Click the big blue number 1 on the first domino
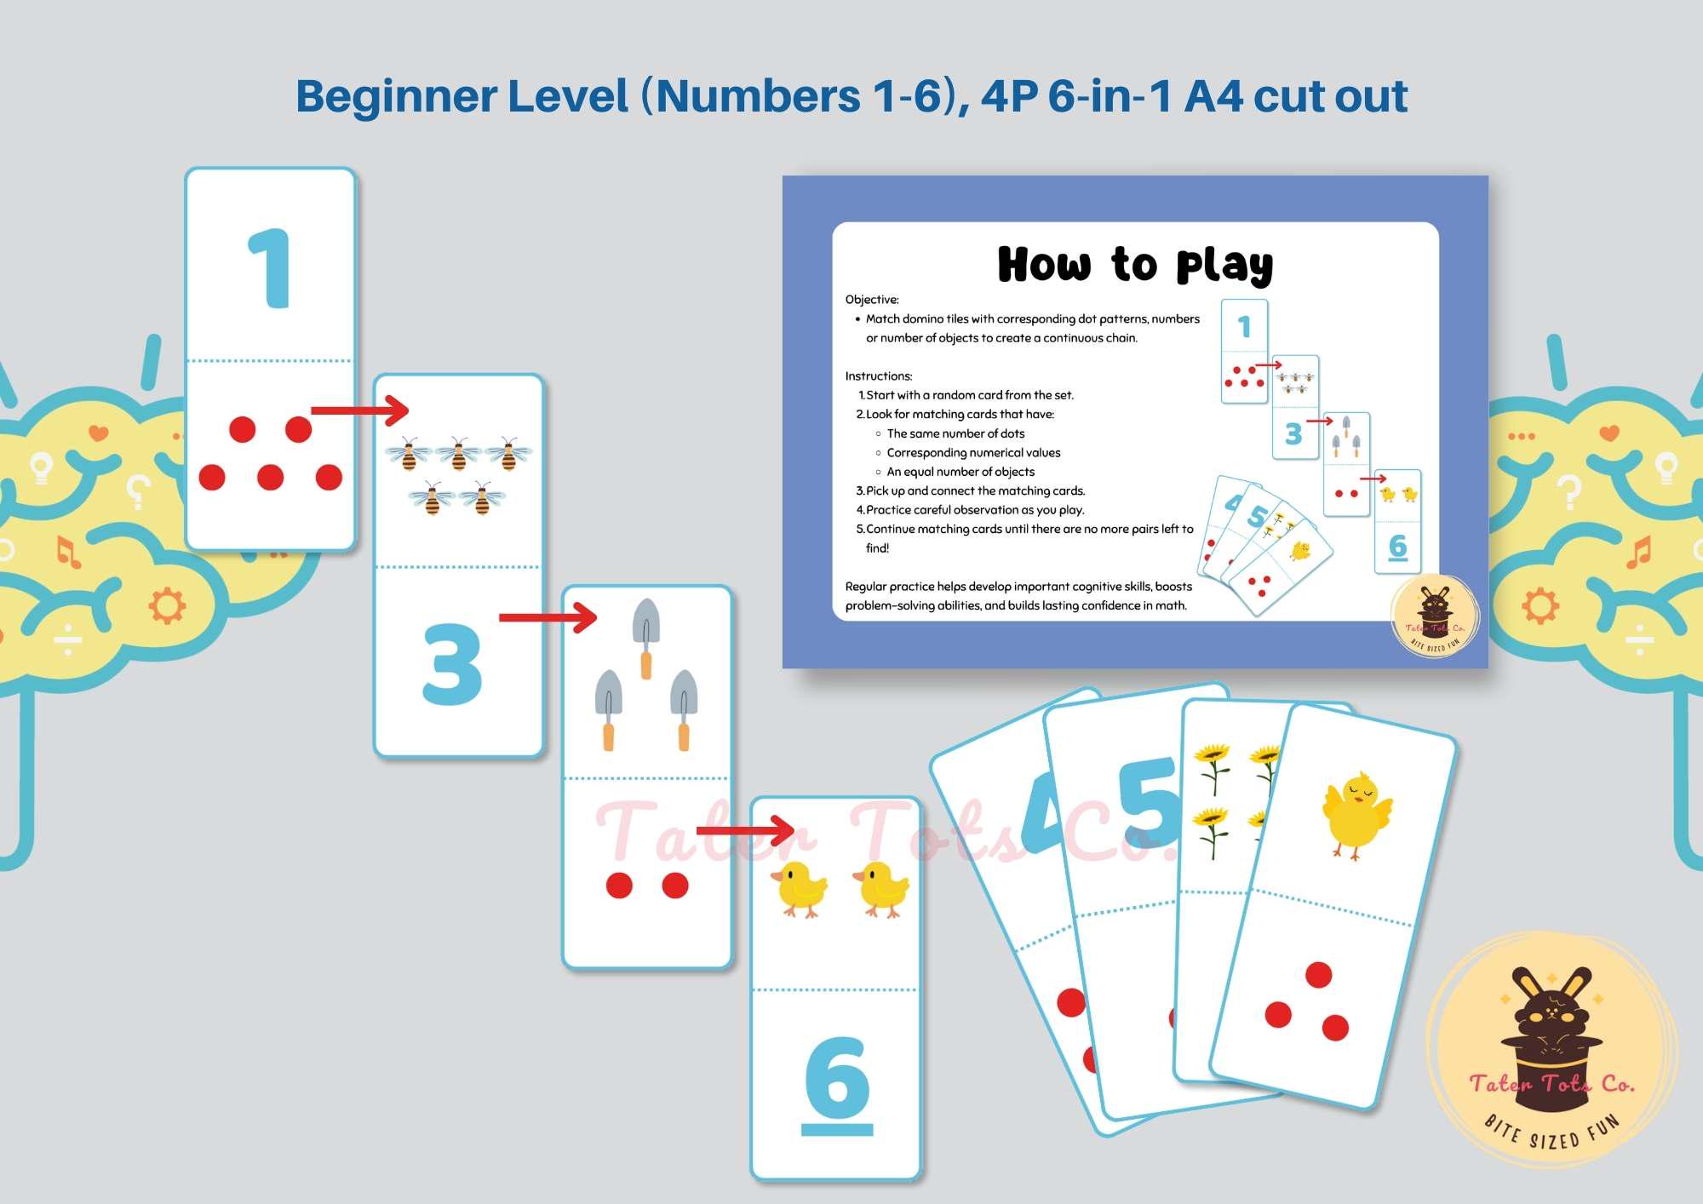(270, 267)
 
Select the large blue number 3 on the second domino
(451, 664)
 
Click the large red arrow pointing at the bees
(359, 410)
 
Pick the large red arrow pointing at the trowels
(548, 617)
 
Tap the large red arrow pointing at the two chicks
(745, 830)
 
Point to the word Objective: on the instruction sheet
(872, 300)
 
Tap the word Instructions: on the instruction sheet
(879, 376)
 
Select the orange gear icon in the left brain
(167, 606)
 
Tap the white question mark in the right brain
(1569, 491)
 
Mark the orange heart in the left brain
(99, 433)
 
